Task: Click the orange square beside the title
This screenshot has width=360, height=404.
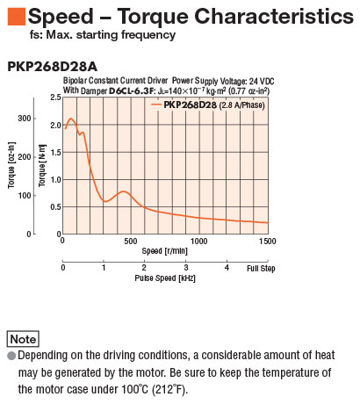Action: [17, 17]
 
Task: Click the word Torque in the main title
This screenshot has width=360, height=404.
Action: [153, 17]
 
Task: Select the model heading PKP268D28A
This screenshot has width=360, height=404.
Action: [52, 67]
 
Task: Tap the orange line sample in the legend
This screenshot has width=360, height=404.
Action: [156, 105]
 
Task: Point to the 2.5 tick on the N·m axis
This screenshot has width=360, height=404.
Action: [56, 97]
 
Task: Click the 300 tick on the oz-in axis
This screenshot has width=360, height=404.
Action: [25, 119]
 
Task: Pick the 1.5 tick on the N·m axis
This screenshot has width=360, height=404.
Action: [56, 152]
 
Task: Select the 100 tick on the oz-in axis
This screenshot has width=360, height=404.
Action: [25, 195]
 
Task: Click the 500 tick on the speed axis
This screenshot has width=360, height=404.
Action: [131, 242]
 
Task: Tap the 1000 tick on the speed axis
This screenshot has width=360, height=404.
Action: [198, 242]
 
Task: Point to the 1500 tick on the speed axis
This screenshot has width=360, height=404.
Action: [268, 242]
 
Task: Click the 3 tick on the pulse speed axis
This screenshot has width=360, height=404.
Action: [186, 268]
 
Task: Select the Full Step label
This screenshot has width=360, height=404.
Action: [261, 269]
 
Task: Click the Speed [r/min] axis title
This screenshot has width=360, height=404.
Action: [164, 251]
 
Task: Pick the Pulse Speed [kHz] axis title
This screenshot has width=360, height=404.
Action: [165, 278]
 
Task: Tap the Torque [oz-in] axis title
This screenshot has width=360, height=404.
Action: [11, 165]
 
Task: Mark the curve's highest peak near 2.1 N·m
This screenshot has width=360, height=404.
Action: [71, 119]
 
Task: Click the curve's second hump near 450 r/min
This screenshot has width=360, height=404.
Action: [124, 191]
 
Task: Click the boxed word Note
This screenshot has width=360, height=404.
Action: [23, 339]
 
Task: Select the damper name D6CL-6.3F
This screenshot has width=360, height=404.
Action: [132, 90]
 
